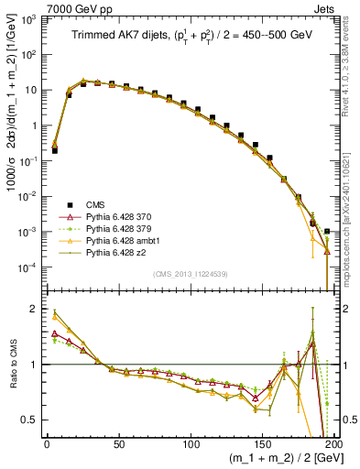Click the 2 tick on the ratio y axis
click(37, 309)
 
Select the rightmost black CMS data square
click(328, 231)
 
